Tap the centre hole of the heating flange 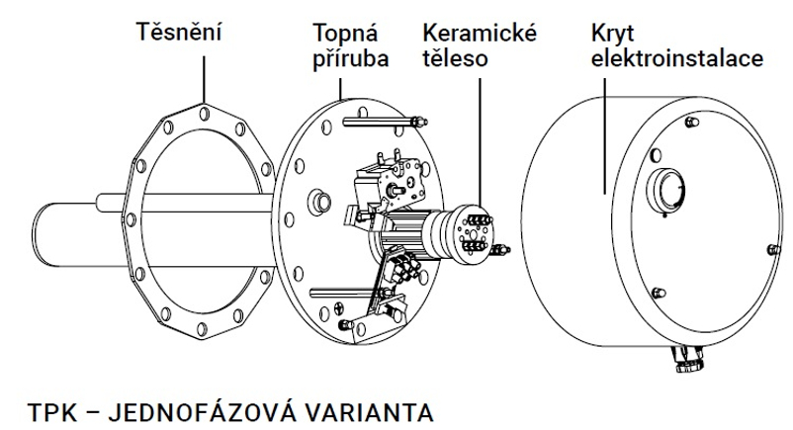pos(320,202)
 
